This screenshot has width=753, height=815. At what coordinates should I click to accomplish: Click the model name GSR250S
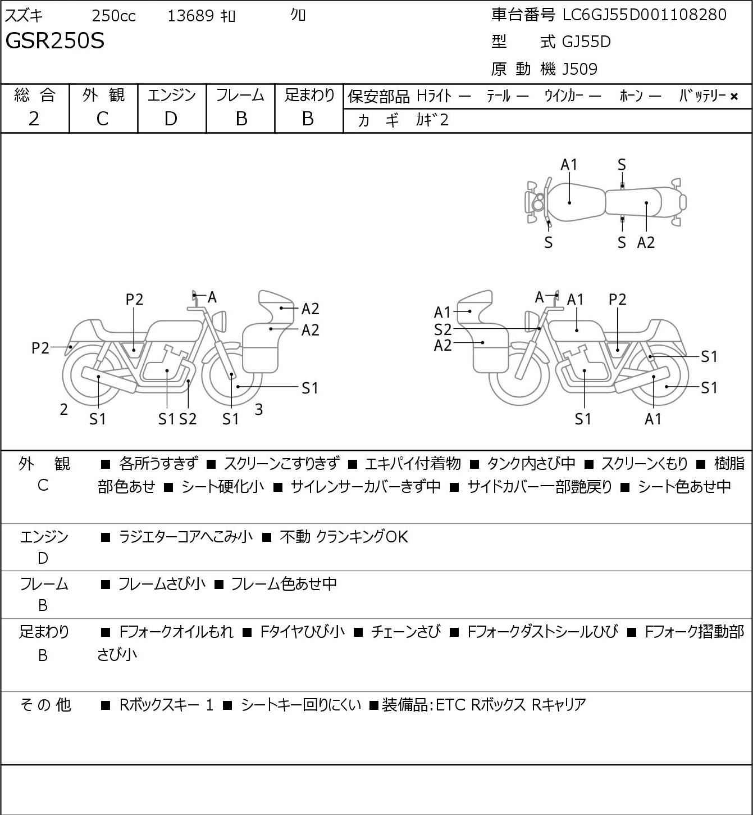click(x=55, y=40)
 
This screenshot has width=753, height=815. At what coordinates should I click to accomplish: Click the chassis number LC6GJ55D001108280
click(x=644, y=15)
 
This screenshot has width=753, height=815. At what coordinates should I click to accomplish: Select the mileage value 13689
click(x=191, y=16)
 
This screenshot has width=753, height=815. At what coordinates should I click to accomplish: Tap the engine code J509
click(x=579, y=69)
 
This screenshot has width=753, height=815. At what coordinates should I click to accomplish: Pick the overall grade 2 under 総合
click(x=34, y=119)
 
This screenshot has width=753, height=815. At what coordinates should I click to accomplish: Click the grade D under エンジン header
click(x=171, y=119)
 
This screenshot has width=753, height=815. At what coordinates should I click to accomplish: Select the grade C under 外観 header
click(x=102, y=119)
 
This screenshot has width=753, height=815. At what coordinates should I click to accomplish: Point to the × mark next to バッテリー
click(x=734, y=97)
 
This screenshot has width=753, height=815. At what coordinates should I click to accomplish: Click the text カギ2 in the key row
click(x=432, y=120)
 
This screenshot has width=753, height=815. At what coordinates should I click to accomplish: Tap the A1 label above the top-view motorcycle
click(x=569, y=165)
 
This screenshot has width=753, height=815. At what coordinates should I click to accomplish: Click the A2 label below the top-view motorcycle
click(x=646, y=242)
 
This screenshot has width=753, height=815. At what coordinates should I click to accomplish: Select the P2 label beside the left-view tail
click(x=40, y=348)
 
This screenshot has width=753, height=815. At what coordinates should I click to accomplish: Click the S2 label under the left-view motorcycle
click(x=188, y=419)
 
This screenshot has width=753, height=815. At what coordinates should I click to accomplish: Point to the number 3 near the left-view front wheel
click(x=258, y=409)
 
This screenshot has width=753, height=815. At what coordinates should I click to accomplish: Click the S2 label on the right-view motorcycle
click(x=443, y=329)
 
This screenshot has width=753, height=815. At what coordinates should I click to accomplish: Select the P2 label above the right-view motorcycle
click(x=618, y=300)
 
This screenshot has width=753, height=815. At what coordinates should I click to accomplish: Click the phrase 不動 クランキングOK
click(x=344, y=537)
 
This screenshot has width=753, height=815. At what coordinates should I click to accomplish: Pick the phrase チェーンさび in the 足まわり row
click(x=405, y=632)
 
